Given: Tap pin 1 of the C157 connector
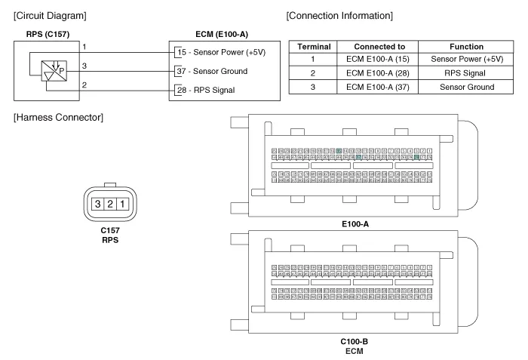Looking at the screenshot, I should [121, 203].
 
